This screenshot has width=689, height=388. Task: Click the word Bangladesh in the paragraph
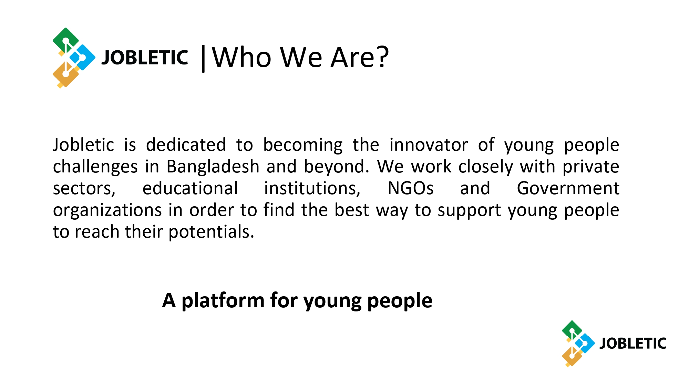coord(213,167)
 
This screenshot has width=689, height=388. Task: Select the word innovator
coord(429,145)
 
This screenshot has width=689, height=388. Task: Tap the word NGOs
coord(410,188)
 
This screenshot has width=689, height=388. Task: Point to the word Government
coord(568,188)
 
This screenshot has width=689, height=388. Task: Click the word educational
coord(190,188)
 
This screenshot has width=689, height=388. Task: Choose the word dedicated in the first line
coord(186,145)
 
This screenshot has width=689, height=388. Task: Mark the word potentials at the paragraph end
coord(211,232)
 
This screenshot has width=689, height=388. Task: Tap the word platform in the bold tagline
coord(223,301)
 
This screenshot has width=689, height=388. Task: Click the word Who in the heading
coord(241,57)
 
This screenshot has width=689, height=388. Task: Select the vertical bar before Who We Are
coord(203,59)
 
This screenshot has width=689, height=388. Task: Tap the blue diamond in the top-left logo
coord(82,57)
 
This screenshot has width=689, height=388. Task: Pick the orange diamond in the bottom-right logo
coord(572,357)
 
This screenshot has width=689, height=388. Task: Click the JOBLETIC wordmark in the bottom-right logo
coord(633,344)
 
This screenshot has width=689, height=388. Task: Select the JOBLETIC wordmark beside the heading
coord(145,57)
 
